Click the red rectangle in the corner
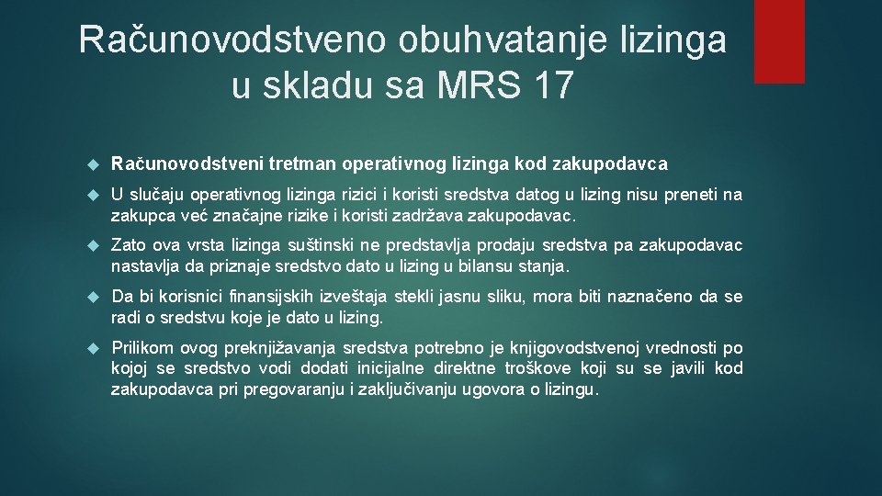click(x=779, y=41)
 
